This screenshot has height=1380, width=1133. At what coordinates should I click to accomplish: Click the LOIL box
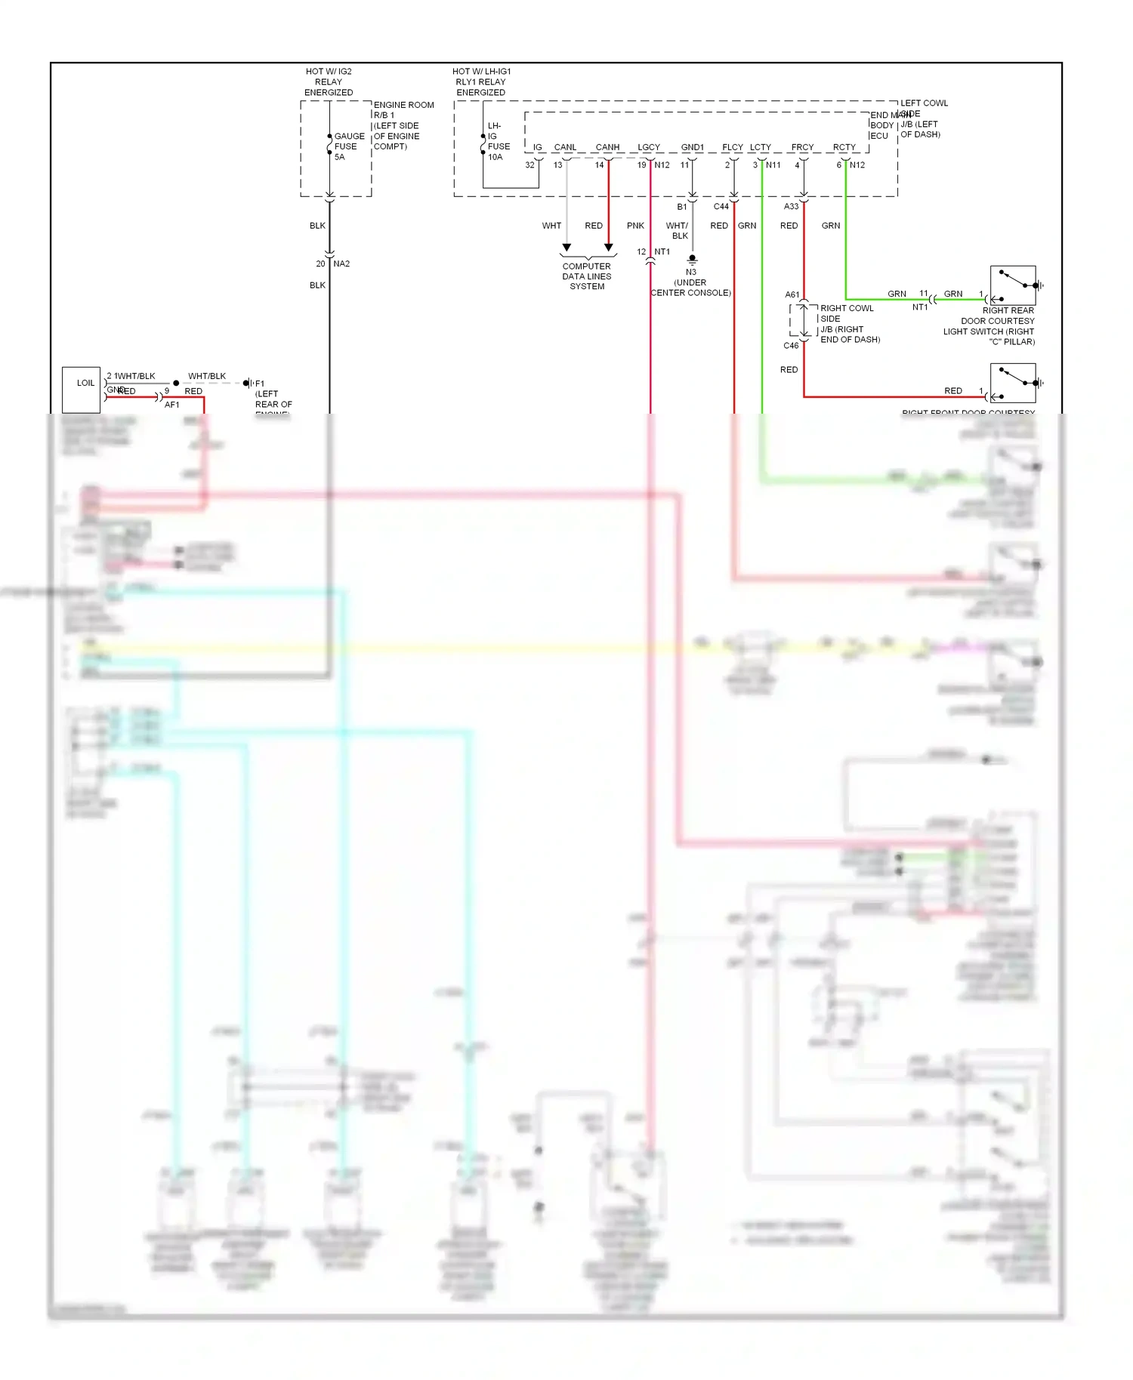point(81,389)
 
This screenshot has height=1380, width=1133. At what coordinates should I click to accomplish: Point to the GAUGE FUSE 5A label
point(349,146)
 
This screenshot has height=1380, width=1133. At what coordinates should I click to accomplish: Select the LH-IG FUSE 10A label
point(498,141)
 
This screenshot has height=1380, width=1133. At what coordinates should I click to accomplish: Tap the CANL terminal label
point(565,147)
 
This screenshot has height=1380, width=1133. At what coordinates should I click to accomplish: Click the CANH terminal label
point(607,147)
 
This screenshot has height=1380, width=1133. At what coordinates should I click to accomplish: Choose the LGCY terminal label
point(649,147)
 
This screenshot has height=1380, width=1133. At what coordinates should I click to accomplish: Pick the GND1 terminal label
point(692,147)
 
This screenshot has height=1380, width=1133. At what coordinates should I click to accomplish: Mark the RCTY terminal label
point(844,147)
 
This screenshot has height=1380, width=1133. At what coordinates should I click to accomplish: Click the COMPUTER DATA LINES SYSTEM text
point(587,276)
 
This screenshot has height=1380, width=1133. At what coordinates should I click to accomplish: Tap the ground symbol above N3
point(692,260)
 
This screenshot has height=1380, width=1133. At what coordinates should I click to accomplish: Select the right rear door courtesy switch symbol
point(1014,285)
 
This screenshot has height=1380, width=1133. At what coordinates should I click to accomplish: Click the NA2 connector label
point(341,263)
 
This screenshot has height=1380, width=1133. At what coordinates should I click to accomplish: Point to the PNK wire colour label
point(635,226)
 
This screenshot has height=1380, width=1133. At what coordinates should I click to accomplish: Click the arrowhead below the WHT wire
point(566,248)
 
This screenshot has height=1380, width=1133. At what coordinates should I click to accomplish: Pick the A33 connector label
point(791,206)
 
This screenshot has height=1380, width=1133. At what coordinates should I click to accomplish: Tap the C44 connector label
point(721,206)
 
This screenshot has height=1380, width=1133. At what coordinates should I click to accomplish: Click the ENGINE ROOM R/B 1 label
point(403,110)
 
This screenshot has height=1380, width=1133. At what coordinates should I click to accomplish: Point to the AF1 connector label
point(172,405)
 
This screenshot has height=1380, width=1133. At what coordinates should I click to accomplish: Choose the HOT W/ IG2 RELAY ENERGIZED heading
point(329,82)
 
